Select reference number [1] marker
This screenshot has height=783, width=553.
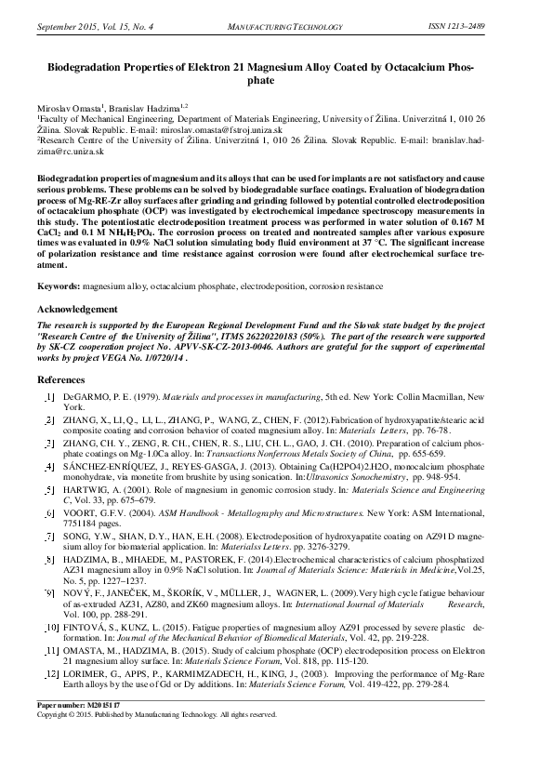click(x=49, y=397)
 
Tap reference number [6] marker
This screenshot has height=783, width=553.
click(x=49, y=513)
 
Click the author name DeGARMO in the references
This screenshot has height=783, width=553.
click(x=86, y=397)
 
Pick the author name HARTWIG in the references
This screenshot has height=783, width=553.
click(x=87, y=490)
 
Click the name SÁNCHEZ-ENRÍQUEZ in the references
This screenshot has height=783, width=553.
click(x=109, y=466)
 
